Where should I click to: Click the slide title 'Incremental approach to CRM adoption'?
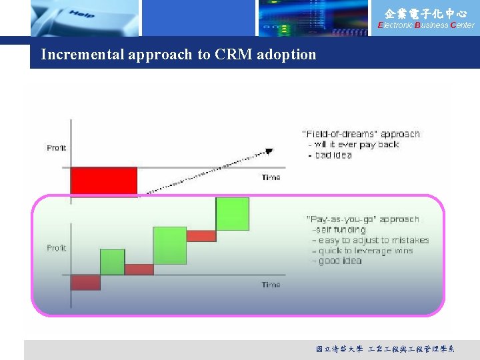[x=179, y=55]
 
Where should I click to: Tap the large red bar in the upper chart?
[x=103, y=181]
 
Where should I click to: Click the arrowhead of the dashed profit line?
[x=269, y=151]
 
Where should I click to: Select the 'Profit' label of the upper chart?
[x=56, y=147]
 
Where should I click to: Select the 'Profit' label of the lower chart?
[x=56, y=248]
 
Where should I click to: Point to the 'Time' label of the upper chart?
[x=271, y=177]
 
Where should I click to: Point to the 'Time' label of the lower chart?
[x=271, y=285]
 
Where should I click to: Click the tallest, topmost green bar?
[x=232, y=214]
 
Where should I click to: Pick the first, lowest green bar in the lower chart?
[x=112, y=262]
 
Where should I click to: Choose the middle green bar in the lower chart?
[x=169, y=245]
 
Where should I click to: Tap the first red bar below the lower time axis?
[x=85, y=282]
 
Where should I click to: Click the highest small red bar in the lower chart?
[x=201, y=235]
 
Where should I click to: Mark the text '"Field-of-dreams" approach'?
[x=361, y=134]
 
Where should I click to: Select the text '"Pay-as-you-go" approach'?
[x=363, y=219]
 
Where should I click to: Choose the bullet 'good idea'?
[x=339, y=261]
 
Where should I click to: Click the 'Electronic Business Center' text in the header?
[x=426, y=25]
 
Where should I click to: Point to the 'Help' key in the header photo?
[x=81, y=13]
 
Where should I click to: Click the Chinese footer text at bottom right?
[x=385, y=349]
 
